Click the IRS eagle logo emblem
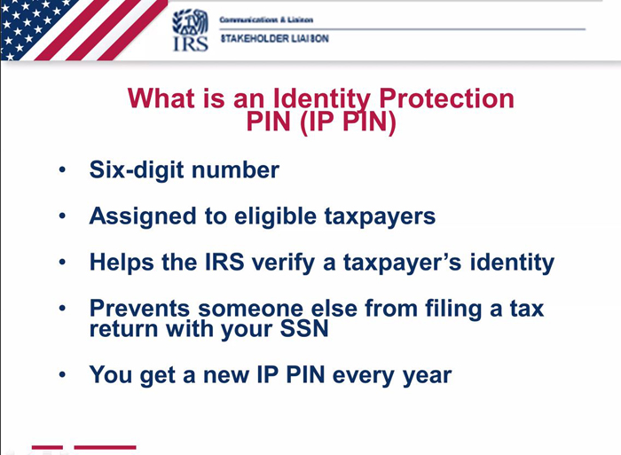click(x=190, y=22)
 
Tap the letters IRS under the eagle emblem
click(x=191, y=43)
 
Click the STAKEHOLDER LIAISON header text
click(x=274, y=38)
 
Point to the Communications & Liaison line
click(x=266, y=20)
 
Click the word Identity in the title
click(x=321, y=99)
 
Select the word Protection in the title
click(x=446, y=98)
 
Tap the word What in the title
click(x=161, y=98)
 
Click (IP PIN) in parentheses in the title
click(x=348, y=122)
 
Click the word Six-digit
click(x=137, y=170)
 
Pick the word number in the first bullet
click(x=235, y=170)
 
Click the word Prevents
click(x=139, y=308)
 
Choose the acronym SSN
click(x=303, y=328)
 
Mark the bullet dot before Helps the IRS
click(x=62, y=262)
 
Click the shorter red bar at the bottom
click(x=47, y=447)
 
